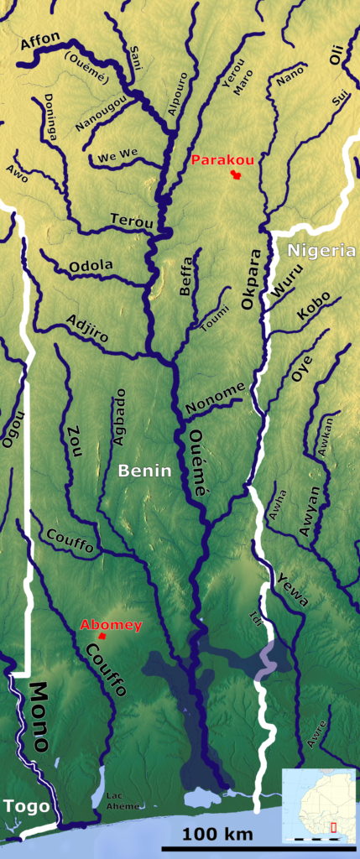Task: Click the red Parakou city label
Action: (x=222, y=159)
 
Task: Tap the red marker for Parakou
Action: (x=237, y=175)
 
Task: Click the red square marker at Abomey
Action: (x=102, y=636)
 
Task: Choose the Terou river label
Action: (x=132, y=221)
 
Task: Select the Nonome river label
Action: (x=216, y=394)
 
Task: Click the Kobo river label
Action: (x=313, y=307)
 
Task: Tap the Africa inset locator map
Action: (x=319, y=804)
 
